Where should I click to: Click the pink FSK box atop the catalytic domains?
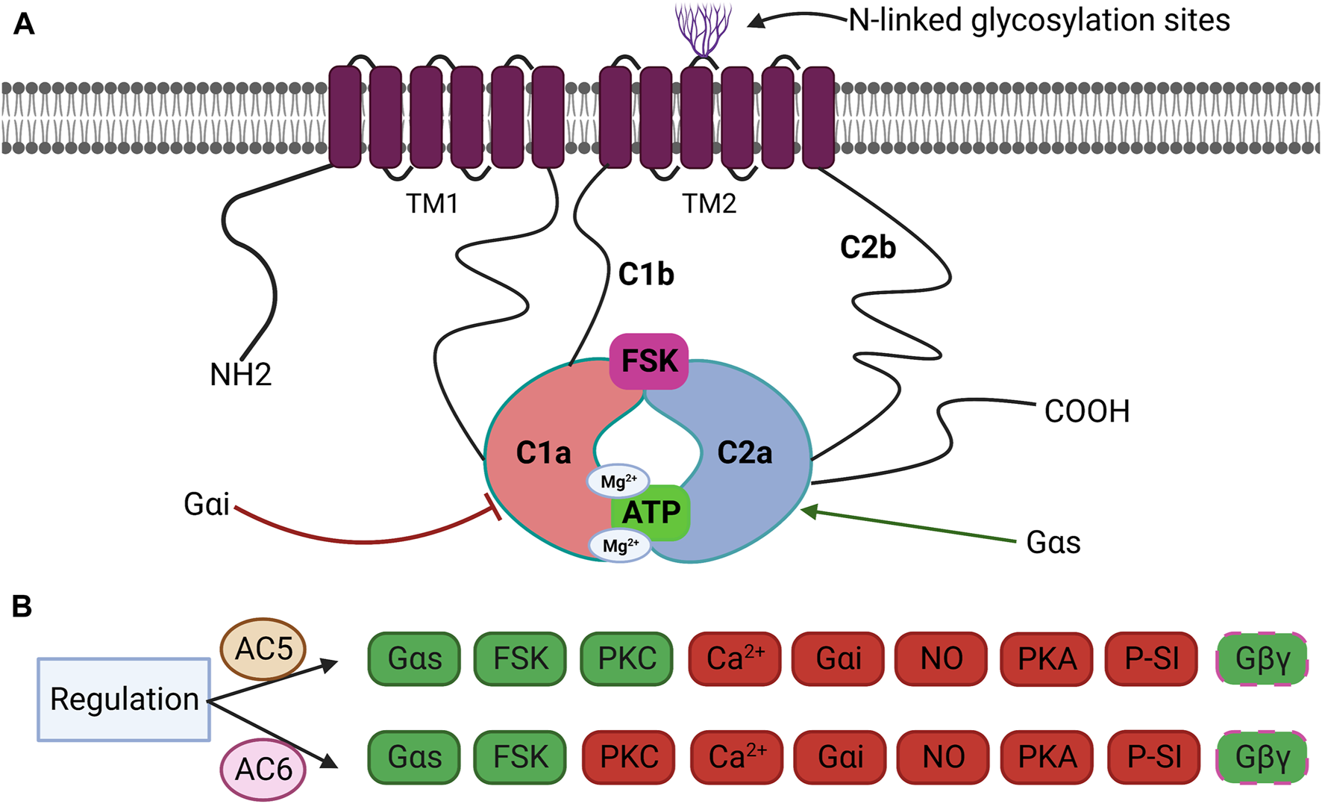click(x=649, y=361)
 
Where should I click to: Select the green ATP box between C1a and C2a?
click(x=651, y=513)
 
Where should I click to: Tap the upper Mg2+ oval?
click(x=618, y=482)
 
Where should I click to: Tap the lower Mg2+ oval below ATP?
click(x=620, y=546)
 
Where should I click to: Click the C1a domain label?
click(x=543, y=453)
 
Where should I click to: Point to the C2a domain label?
click(x=745, y=453)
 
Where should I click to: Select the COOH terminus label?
click(x=1086, y=411)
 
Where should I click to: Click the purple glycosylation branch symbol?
click(x=703, y=28)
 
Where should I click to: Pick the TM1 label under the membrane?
click(x=432, y=204)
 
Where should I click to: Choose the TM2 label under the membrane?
click(x=709, y=204)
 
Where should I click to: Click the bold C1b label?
click(x=646, y=275)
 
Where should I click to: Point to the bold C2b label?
click(x=868, y=248)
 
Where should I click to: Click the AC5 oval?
click(x=263, y=649)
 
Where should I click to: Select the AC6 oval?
click(x=263, y=769)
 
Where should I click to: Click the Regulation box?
click(x=124, y=699)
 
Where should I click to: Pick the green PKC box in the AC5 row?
click(x=627, y=658)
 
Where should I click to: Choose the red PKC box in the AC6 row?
click(x=629, y=757)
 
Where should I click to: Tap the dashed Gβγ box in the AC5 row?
click(x=1262, y=658)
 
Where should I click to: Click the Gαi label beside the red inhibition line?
click(x=206, y=505)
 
